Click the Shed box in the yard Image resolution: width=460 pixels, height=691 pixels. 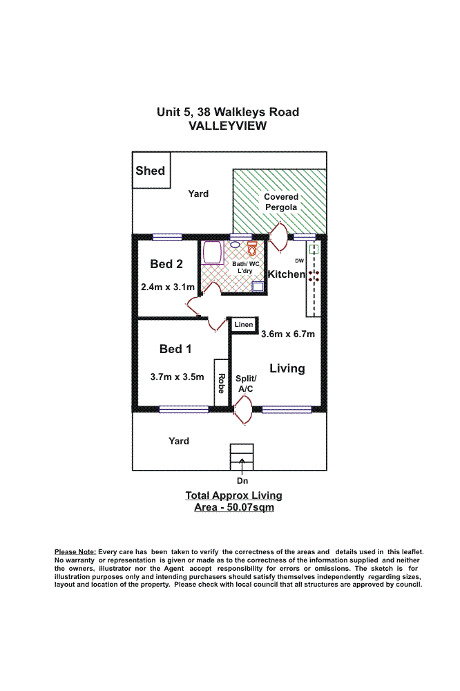151,170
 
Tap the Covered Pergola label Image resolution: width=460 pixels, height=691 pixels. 280,202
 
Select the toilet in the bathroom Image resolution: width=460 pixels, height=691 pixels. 252,247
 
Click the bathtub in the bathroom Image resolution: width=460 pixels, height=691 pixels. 211,253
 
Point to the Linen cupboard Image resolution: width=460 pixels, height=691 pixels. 243,324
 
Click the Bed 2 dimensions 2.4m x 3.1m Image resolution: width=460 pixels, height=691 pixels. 167,287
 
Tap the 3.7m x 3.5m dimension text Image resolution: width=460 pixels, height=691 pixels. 177,377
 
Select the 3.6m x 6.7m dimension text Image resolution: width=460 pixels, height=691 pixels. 287,334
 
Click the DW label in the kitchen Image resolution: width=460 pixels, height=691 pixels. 299,261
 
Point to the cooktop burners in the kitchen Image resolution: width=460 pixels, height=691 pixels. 314,275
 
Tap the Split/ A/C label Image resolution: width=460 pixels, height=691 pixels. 246,384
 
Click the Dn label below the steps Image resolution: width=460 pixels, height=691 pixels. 242,480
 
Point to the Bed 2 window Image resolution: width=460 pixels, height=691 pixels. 167,238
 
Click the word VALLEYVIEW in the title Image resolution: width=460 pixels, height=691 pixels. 228,126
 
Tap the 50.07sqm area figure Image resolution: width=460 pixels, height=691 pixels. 252,508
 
